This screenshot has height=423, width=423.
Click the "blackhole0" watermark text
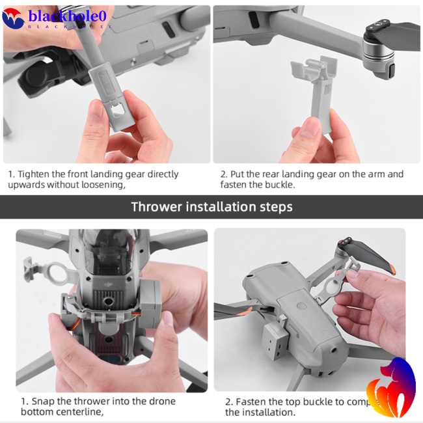click(x=71, y=16)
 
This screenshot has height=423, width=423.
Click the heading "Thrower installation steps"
click(x=211, y=207)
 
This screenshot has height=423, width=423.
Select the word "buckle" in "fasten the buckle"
click(x=279, y=185)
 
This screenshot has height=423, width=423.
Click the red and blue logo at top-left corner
click(x=13, y=18)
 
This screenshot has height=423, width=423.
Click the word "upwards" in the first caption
click(x=26, y=185)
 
